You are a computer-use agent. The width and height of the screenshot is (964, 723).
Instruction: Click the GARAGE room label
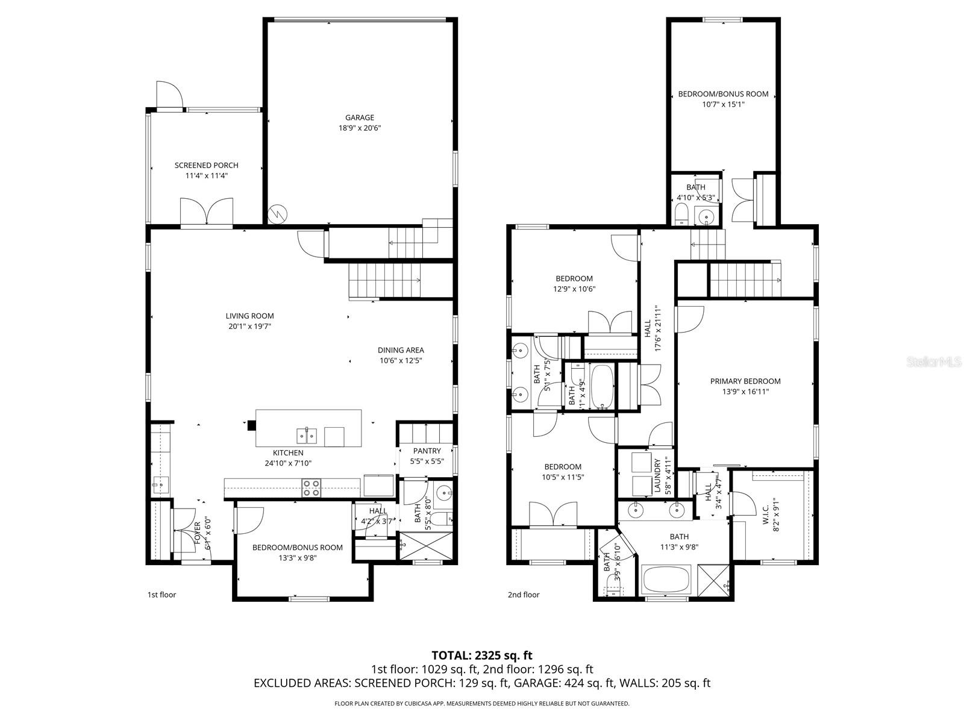tap(360, 117)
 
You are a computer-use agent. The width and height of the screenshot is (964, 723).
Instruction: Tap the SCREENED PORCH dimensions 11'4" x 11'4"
tap(207, 176)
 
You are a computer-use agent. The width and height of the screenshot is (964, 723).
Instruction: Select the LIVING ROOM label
tap(249, 316)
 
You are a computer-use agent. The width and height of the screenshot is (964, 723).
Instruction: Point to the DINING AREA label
tap(401, 350)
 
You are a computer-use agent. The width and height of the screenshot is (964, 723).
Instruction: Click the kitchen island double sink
tap(307, 435)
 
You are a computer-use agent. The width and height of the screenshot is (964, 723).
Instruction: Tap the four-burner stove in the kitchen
tap(311, 488)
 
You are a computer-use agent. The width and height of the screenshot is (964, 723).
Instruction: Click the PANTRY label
tap(427, 451)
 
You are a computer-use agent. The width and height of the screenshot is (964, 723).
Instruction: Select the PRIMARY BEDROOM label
tap(745, 381)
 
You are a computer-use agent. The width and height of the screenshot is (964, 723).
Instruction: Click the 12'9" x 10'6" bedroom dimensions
tap(574, 289)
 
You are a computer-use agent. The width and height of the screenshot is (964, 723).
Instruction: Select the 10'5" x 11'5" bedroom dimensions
tap(563, 477)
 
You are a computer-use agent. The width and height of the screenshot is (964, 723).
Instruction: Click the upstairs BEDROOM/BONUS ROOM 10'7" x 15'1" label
tap(723, 94)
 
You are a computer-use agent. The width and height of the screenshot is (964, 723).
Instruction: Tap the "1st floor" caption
tap(162, 595)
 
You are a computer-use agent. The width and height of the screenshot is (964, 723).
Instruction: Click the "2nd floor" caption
tap(524, 595)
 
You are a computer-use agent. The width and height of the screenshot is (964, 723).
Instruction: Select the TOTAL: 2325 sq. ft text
tap(482, 656)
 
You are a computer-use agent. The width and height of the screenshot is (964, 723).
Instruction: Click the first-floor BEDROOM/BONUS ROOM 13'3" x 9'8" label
tap(297, 548)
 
